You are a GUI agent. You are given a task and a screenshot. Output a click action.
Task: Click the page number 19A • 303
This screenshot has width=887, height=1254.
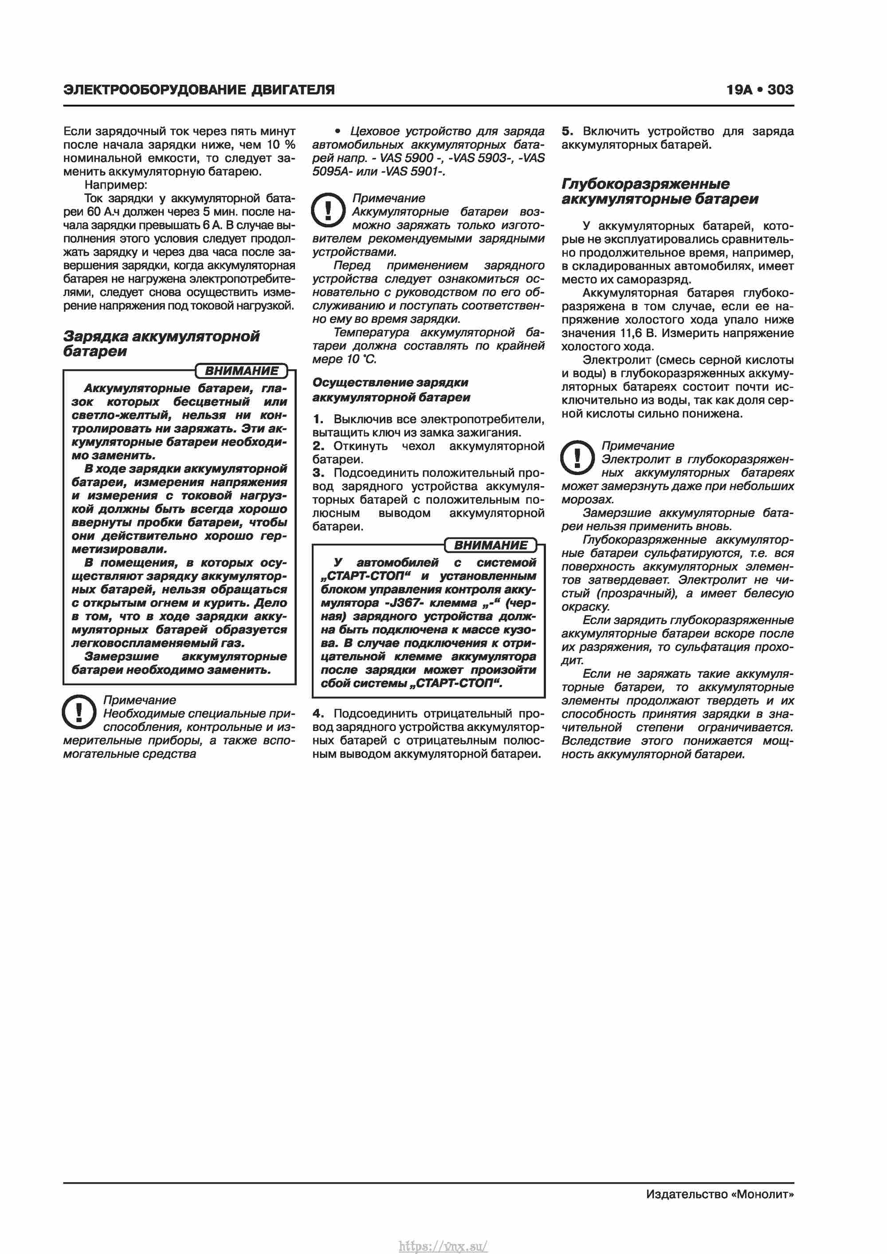click(759, 90)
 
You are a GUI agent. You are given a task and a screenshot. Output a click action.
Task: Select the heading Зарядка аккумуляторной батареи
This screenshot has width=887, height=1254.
click(161, 343)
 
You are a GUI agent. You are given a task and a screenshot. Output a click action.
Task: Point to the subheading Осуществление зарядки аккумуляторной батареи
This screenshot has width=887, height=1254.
click(391, 389)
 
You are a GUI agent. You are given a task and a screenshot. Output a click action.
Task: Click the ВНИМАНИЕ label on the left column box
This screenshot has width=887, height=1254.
click(241, 371)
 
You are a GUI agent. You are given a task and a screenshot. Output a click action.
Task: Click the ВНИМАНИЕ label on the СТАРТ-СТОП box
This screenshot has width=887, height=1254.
click(491, 545)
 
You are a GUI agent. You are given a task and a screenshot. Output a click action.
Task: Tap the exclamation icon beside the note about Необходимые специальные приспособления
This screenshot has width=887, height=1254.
click(80, 712)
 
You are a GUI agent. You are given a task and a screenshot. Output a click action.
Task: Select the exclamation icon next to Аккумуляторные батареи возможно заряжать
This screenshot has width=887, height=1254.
click(328, 210)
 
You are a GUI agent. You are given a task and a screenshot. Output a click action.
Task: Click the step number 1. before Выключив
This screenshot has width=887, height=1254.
click(318, 419)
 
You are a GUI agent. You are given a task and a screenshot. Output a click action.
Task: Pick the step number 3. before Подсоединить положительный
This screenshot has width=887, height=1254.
click(318, 472)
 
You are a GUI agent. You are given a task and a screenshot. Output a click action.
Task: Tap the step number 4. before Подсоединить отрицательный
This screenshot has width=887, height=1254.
click(318, 713)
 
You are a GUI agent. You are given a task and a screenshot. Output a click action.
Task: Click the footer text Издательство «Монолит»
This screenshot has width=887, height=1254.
click(719, 1194)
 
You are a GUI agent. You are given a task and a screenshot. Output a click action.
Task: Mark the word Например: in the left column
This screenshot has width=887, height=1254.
click(116, 185)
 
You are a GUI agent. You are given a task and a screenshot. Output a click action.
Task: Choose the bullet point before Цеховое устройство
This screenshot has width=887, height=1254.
click(338, 132)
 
